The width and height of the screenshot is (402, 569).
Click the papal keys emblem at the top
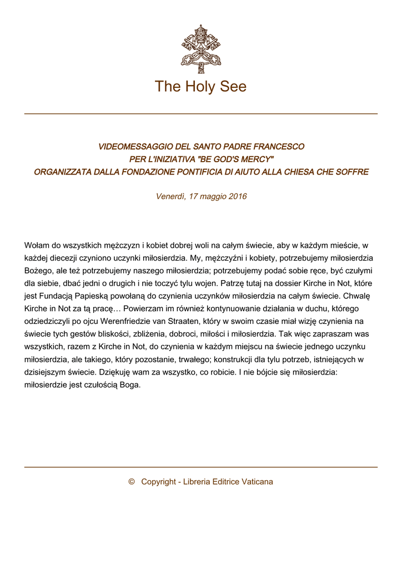tap(200, 49)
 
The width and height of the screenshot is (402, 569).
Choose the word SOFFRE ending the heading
tap(352, 172)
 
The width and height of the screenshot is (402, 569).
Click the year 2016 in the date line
tap(238, 196)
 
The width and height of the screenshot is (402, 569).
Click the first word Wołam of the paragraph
tap(37, 245)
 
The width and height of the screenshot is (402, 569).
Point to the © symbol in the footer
tap(132, 482)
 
